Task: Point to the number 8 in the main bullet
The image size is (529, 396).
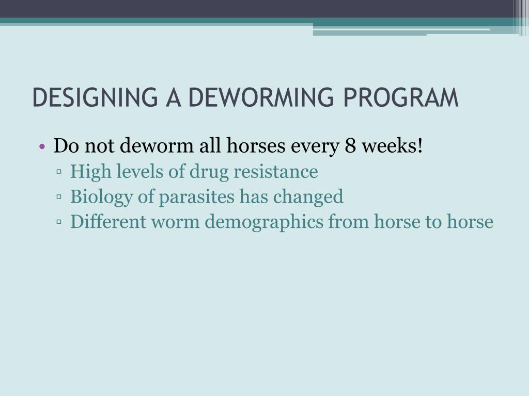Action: [350, 146]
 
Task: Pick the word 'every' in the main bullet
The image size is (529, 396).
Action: [315, 146]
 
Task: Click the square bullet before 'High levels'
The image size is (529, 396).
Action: [60, 172]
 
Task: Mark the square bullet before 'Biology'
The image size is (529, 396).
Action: [60, 197]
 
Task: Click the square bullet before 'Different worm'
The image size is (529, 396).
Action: [60, 223]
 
